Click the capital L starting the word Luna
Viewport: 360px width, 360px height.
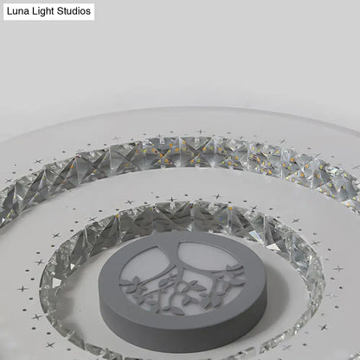point(10,12)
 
